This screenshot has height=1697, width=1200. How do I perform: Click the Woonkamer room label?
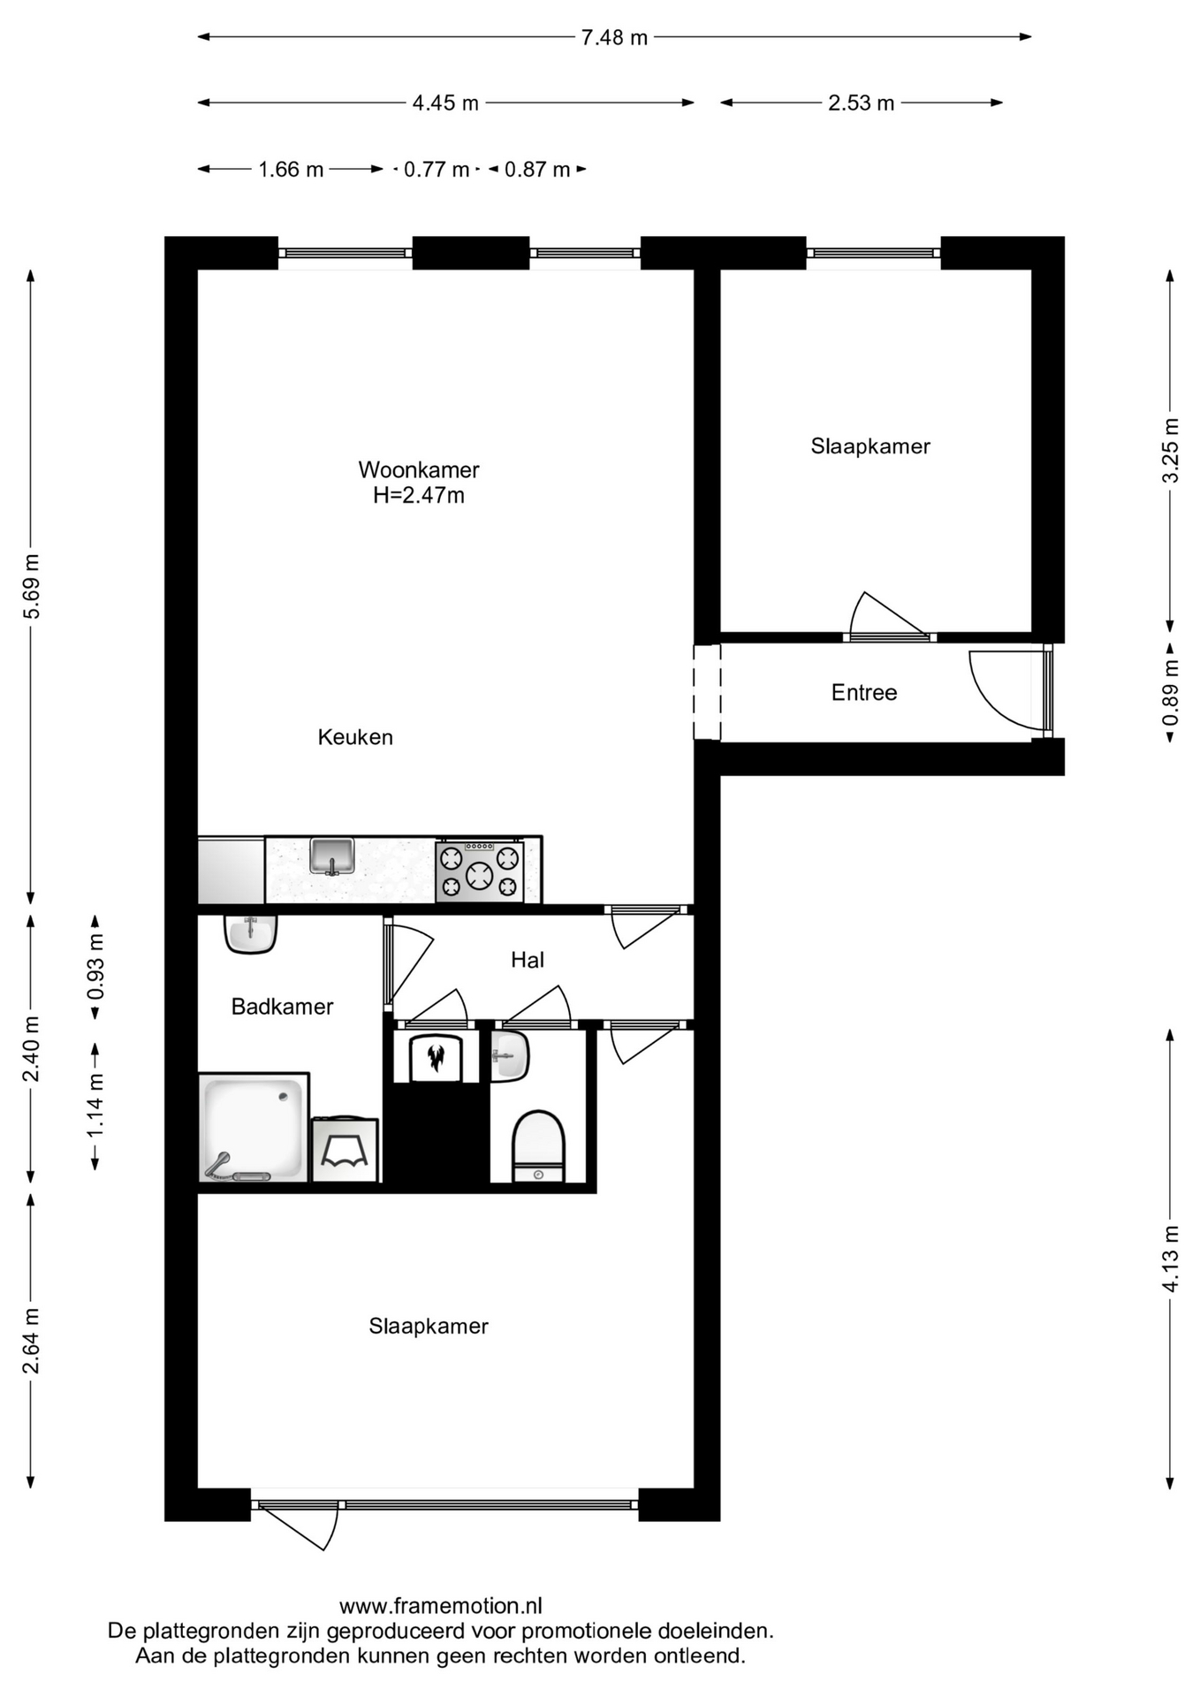pyautogui.click(x=419, y=469)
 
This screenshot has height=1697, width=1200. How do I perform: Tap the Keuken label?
pyautogui.click(x=355, y=737)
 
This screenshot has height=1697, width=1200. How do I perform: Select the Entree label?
pyautogui.click(x=864, y=693)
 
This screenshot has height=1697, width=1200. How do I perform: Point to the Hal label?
pyautogui.click(x=528, y=960)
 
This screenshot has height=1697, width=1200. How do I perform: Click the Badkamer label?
pyautogui.click(x=282, y=1007)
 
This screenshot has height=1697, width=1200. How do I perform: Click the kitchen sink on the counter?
pyautogui.click(x=332, y=856)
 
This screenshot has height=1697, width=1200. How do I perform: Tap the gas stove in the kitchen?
pyautogui.click(x=480, y=871)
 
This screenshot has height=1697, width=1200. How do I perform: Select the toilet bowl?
pyautogui.click(x=538, y=1146)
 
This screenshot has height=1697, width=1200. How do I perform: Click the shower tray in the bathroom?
pyautogui.click(x=254, y=1128)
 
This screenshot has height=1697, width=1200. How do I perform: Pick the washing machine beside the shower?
pyautogui.click(x=345, y=1151)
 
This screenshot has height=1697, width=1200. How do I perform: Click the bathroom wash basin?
pyautogui.click(x=251, y=934)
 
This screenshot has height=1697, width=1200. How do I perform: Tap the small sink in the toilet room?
pyautogui.click(x=510, y=1056)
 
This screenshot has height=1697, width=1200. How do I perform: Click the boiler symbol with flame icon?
pyautogui.click(x=436, y=1057)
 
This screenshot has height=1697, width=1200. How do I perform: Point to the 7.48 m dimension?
pyautogui.click(x=614, y=37)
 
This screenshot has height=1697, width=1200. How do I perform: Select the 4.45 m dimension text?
pyautogui.click(x=445, y=103)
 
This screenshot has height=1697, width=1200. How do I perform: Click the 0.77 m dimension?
pyautogui.click(x=437, y=169)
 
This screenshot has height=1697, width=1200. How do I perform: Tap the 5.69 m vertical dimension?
pyautogui.click(x=32, y=587)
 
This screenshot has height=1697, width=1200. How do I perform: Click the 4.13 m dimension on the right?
pyautogui.click(x=1171, y=1259)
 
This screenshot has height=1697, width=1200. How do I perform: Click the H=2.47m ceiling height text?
pyautogui.click(x=419, y=496)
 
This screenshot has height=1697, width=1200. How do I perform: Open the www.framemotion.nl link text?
pyautogui.click(x=441, y=1606)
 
